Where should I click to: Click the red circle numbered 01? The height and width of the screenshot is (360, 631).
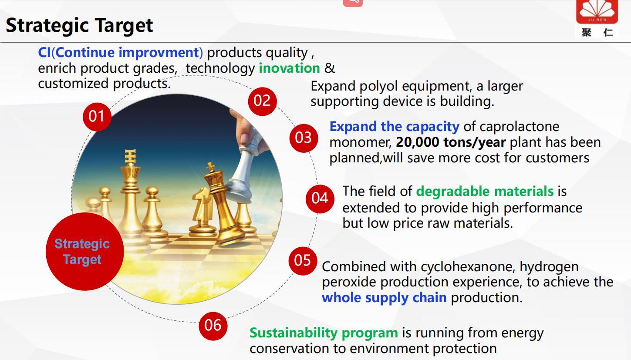97,117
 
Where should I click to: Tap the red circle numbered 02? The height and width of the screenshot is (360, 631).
262,101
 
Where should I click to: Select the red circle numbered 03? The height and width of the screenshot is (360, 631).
304,138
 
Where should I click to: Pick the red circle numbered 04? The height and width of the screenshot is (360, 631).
320,199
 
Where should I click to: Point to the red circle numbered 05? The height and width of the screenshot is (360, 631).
303,261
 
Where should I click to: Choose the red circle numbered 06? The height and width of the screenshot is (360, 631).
213,326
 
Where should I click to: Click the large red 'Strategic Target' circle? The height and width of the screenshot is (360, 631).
85,252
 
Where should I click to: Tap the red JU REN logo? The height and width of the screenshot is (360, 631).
597,12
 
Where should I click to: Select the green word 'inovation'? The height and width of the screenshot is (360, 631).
289,68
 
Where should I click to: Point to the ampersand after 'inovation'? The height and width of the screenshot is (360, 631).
330,68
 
